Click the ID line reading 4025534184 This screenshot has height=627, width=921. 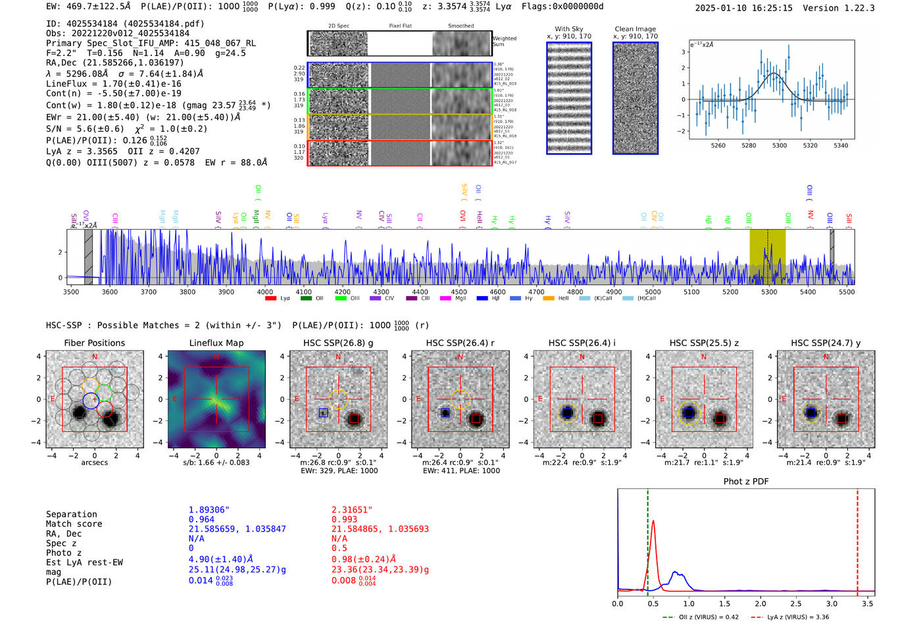[x=125, y=24]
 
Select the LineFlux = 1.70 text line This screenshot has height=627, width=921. [x=113, y=84]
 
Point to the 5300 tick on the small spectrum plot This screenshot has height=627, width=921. [x=780, y=145]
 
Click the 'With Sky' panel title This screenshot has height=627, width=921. [x=569, y=29]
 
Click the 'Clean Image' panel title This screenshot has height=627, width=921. [x=635, y=29]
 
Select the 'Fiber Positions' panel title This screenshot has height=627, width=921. [x=94, y=343]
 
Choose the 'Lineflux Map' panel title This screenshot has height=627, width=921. [x=216, y=343]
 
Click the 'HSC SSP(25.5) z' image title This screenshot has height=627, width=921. [x=704, y=343]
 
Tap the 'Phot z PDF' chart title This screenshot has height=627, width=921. [x=746, y=482]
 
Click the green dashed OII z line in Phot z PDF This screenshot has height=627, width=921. [x=648, y=539]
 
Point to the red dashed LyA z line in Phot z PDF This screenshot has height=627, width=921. [x=857, y=539]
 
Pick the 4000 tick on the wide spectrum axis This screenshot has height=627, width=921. [x=265, y=292]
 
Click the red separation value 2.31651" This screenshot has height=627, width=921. [x=352, y=510]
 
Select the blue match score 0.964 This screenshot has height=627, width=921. [x=201, y=520]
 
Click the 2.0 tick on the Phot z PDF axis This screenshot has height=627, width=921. [x=760, y=603]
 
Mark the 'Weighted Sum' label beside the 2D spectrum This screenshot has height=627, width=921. [x=505, y=41]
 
